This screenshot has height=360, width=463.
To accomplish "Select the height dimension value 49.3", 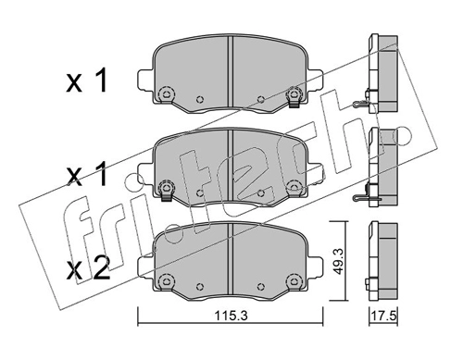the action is [338, 262].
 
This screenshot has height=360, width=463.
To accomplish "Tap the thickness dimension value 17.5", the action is [383, 316].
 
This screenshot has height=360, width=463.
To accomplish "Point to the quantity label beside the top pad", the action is [87, 81].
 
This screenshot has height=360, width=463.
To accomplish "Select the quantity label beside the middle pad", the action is [87, 175].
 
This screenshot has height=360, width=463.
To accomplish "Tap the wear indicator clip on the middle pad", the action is [166, 192].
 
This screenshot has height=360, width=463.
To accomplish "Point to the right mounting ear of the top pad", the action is [315, 80].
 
